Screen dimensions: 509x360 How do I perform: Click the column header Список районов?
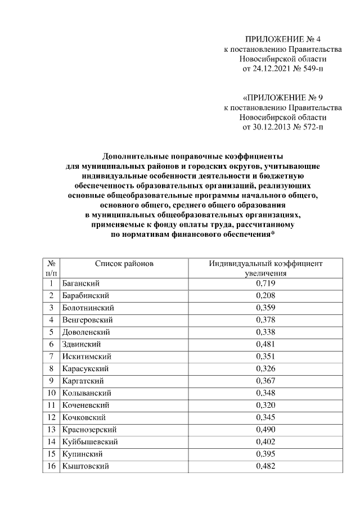pyautogui.click(x=124, y=263)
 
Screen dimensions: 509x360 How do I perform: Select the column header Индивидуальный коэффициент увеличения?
pyautogui.click(x=265, y=268)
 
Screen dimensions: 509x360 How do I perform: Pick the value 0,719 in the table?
pyautogui.click(x=265, y=283)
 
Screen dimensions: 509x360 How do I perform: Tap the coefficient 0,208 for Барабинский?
pyautogui.click(x=265, y=295)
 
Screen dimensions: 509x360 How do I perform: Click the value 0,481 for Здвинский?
pyautogui.click(x=265, y=344)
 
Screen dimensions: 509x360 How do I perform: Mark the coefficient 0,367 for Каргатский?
pyautogui.click(x=265, y=381)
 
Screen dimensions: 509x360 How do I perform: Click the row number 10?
pyautogui.click(x=51, y=393)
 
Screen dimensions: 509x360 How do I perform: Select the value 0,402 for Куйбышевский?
pyautogui.click(x=265, y=442)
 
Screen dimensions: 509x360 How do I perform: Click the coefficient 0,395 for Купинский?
pyautogui.click(x=265, y=454)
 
